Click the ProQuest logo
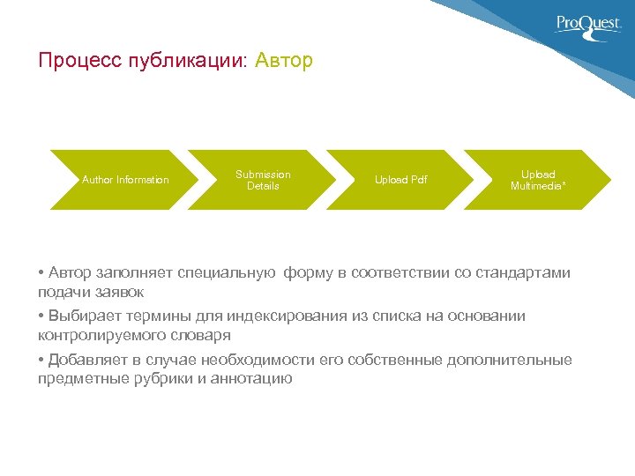point(588,25)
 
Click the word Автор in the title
point(283,61)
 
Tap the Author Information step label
point(125,180)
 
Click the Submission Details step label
point(263,180)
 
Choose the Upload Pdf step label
point(400,180)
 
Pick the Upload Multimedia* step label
point(538,180)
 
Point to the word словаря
point(202,335)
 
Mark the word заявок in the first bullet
point(120,292)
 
